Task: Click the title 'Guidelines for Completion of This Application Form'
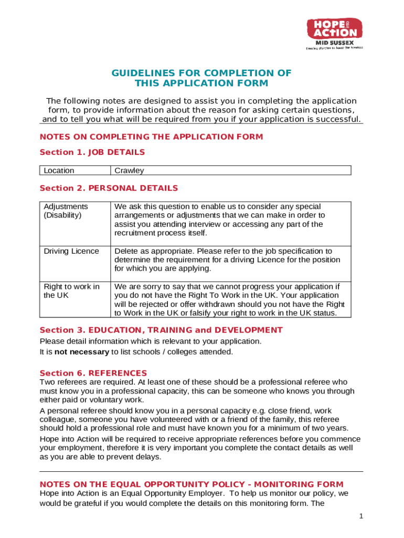pyautogui.click(x=201, y=78)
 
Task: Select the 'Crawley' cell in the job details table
pyautogui.click(x=129, y=171)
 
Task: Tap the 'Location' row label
pyautogui.click(x=59, y=171)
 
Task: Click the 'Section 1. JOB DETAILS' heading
pyautogui.click(x=92, y=152)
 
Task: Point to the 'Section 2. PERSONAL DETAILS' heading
pyautogui.click(x=109, y=188)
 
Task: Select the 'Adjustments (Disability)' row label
pyautogui.click(x=66, y=211)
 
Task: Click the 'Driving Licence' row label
pyautogui.click(x=71, y=251)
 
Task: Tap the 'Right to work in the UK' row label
pyautogui.click(x=71, y=291)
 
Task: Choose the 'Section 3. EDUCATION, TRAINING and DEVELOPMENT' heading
pyautogui.click(x=161, y=330)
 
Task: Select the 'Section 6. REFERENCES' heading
pyautogui.click(x=93, y=373)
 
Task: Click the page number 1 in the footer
pyautogui.click(x=361, y=516)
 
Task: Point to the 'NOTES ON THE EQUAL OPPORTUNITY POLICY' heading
pyautogui.click(x=192, y=484)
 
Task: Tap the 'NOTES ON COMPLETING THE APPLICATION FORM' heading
pyautogui.click(x=151, y=137)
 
